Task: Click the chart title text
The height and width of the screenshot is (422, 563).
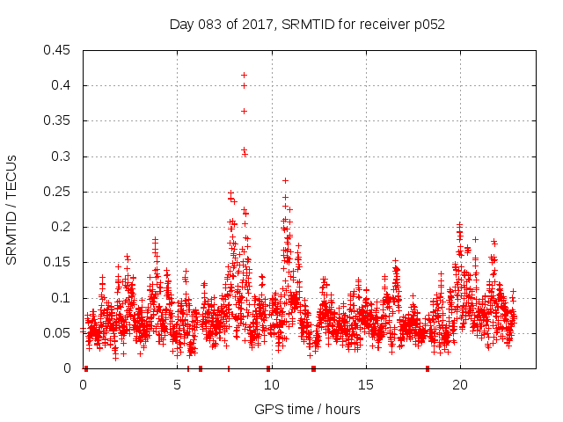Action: click(x=307, y=25)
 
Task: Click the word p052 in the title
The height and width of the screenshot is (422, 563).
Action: click(x=429, y=25)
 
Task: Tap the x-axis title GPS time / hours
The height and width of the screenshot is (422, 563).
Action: click(x=307, y=409)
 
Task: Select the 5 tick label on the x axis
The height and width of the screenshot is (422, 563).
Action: click(x=178, y=384)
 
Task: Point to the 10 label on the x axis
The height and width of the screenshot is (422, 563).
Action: click(x=272, y=384)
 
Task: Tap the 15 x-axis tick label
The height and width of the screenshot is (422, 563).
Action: click(x=366, y=384)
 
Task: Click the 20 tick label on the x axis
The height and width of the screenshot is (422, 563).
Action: click(x=460, y=384)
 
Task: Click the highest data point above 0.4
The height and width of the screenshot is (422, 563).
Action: click(x=244, y=75)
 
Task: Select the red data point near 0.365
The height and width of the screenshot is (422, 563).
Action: click(x=244, y=111)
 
